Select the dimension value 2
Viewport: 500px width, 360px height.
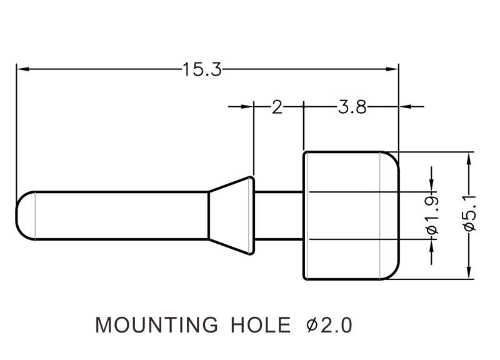277,107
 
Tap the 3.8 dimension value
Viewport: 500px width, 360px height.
352,107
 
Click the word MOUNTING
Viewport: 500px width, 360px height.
156,326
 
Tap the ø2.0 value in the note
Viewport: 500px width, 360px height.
329,326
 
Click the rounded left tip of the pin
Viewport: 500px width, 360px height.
24,216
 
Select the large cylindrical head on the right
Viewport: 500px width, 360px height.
350,216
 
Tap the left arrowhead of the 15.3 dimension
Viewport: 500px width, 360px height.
22,68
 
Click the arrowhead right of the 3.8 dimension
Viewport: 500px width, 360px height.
404,107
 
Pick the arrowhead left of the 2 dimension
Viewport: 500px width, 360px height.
248,107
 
